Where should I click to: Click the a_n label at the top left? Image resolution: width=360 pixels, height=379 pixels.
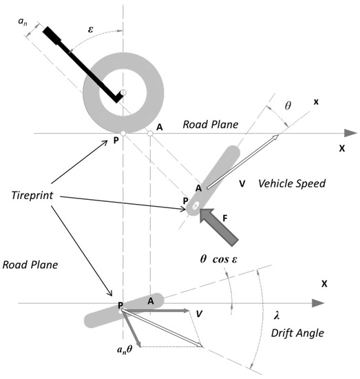22,23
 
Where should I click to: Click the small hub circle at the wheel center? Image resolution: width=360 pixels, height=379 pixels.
123,92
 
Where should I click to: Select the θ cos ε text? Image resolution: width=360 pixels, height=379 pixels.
228,259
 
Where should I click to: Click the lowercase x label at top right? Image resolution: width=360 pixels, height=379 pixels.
316,103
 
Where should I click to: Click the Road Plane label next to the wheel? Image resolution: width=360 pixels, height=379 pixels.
209,125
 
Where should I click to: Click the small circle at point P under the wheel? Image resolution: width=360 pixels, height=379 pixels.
123,133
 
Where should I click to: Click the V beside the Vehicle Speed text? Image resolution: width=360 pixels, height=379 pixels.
241,184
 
